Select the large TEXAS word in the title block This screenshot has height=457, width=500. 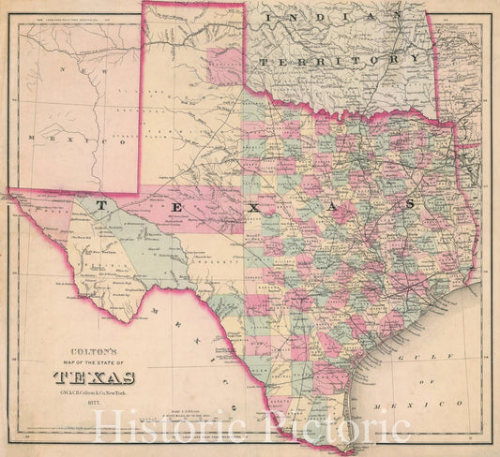pyautogui.click(x=94, y=377)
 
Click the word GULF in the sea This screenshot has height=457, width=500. pyautogui.click(x=413, y=357)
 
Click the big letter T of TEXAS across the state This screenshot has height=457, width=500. pyautogui.click(x=100, y=203)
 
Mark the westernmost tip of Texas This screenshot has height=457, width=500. pyautogui.click(x=9, y=193)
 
